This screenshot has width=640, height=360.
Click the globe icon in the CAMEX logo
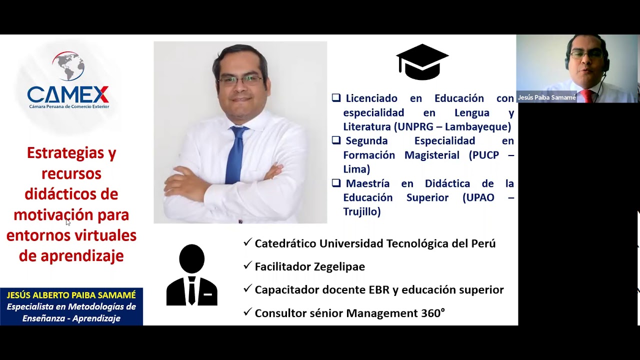[68, 66]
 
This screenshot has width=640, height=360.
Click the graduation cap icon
[422, 62]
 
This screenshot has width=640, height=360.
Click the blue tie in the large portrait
[236, 155]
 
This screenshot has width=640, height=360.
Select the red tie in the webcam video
[587, 96]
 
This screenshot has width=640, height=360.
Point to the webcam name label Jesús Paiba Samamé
[546, 97]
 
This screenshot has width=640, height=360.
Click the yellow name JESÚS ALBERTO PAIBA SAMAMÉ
[71, 295]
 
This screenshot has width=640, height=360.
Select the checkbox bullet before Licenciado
[336, 98]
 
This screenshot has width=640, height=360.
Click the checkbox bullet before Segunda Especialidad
[336, 140]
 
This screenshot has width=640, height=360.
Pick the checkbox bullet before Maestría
[336, 183]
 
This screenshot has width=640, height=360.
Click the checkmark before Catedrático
[247, 243]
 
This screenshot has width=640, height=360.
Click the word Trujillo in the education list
[361, 212]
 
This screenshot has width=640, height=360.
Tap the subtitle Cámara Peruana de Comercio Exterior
[69, 106]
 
